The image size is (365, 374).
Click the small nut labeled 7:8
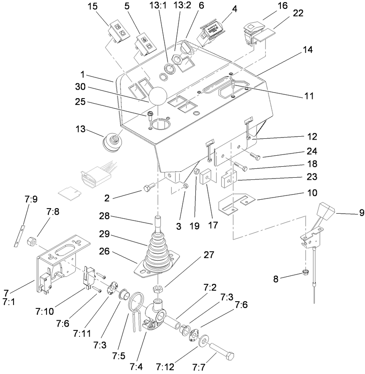coord(31,242)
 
